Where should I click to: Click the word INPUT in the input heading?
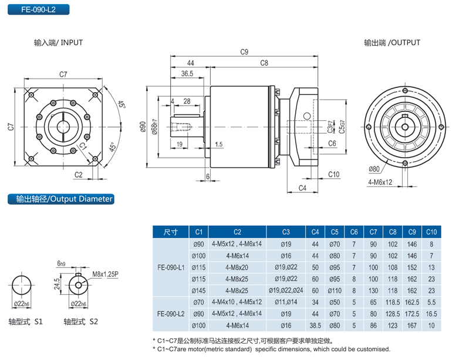point(72,43)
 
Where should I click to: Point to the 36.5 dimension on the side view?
point(187,74)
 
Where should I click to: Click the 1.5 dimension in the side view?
point(218,144)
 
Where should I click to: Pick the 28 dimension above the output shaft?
point(187,101)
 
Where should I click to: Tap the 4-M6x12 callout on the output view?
point(380,182)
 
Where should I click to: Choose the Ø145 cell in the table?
point(198,290)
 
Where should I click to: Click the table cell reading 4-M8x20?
point(237,267)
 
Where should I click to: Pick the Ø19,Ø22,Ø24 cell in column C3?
point(286,290)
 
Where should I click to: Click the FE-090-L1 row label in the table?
point(171,267)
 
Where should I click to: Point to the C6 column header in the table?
point(354,232)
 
